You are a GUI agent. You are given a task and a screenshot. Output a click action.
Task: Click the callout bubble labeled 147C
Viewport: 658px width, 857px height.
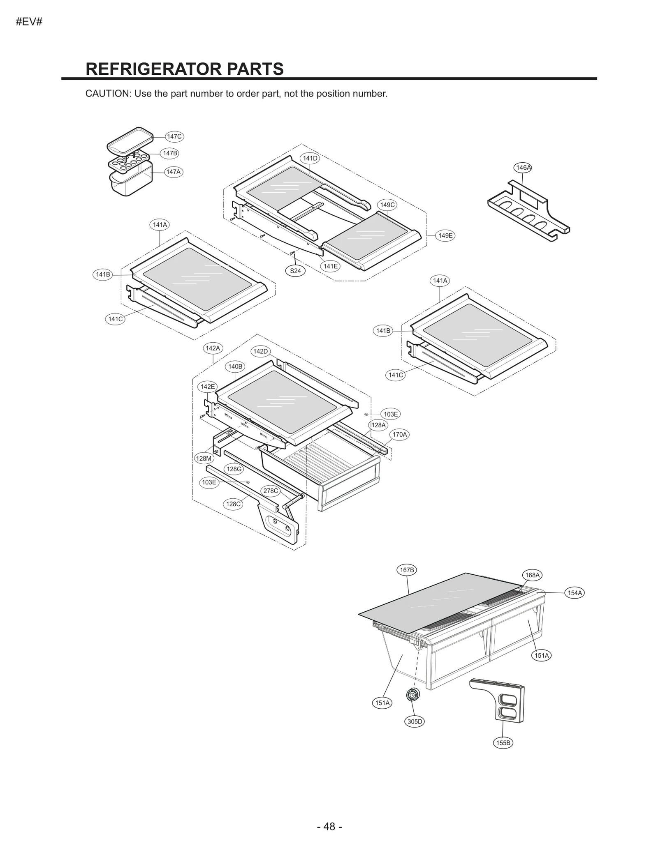[174, 136]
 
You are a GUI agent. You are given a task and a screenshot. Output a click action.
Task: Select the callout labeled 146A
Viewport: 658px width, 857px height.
[523, 167]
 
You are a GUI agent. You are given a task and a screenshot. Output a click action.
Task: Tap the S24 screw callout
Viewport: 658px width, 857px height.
[295, 271]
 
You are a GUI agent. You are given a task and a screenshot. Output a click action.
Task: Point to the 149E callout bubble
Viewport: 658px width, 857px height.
[445, 235]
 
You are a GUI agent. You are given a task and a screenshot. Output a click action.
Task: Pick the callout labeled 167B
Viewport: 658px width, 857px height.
[407, 570]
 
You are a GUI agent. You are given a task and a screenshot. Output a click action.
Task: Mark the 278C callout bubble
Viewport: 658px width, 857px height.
[271, 491]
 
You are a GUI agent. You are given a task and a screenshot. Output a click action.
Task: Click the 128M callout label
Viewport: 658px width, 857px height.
[204, 458]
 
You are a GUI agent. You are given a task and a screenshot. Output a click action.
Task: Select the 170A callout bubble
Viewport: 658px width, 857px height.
[399, 434]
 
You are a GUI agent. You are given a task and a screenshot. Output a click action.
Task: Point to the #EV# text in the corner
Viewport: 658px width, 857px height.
[29, 22]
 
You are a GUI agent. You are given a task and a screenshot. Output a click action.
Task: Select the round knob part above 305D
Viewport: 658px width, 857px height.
[412, 695]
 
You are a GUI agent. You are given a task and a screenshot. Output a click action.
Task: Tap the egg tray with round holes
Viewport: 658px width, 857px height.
[127, 161]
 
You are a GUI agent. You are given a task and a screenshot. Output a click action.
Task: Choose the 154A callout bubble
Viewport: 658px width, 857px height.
[575, 593]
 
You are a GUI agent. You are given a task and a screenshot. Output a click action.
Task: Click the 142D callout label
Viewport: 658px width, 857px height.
[260, 351]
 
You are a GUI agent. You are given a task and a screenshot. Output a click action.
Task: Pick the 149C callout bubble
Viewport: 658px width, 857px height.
[387, 205]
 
